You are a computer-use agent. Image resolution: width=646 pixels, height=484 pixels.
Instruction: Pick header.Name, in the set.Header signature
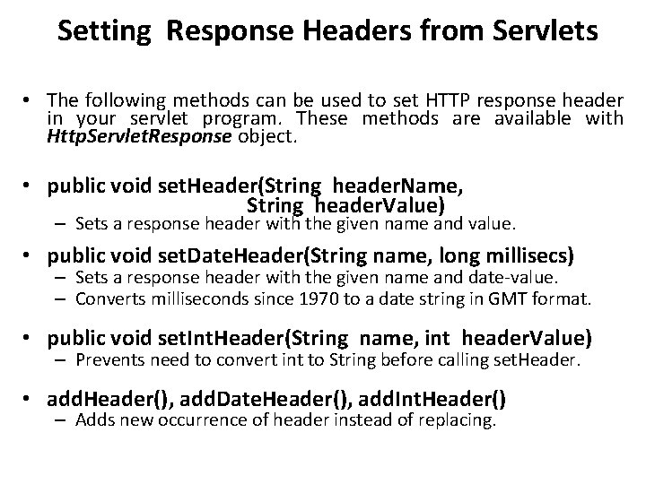[x=397, y=186]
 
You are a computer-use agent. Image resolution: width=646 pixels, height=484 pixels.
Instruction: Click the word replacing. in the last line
[x=458, y=420]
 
